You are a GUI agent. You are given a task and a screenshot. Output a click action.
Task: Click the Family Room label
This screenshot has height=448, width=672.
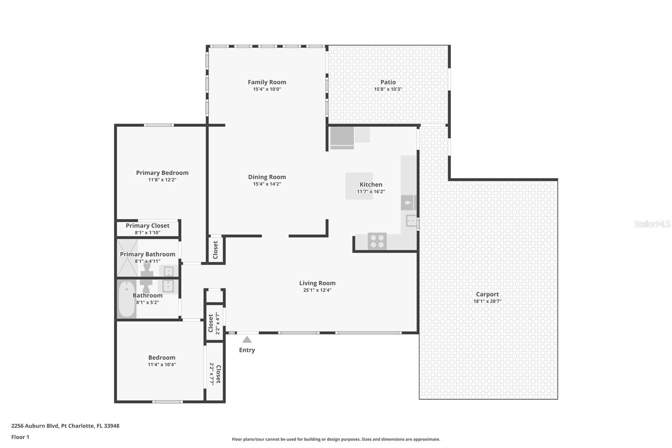[267, 82]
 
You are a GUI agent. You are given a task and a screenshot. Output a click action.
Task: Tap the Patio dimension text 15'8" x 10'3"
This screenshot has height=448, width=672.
[388, 89]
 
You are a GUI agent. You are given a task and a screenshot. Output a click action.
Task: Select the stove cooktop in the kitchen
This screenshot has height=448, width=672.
[377, 241]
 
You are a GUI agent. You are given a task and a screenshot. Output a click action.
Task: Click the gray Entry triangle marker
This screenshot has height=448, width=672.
[247, 339]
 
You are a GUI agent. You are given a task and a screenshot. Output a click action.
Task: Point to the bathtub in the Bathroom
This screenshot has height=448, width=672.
[126, 299]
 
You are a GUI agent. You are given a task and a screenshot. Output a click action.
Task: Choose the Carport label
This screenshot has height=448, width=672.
[487, 294]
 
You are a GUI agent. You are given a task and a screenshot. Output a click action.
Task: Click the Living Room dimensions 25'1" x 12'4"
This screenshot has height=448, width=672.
[317, 290]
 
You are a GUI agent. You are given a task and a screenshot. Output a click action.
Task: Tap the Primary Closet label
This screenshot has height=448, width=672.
[147, 226]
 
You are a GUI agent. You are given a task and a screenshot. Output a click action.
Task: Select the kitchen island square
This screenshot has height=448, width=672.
[359, 186]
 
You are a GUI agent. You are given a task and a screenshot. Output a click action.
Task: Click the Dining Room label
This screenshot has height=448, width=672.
[267, 177]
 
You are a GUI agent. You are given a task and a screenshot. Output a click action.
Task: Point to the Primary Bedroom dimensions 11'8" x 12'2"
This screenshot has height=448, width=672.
[162, 180]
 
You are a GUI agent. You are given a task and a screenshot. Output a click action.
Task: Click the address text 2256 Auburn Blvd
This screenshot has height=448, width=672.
[35, 426]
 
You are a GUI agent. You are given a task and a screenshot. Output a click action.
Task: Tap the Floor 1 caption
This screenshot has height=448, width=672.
[21, 437]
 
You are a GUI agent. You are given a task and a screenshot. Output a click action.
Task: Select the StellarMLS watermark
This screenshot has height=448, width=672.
[652, 224]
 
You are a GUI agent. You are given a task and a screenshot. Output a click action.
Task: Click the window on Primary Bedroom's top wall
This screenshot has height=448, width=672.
[159, 125]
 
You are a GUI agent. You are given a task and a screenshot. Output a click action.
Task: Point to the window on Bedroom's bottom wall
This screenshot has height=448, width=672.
[168, 402]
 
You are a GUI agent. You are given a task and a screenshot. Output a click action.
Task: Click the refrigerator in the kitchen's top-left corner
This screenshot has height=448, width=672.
[342, 138]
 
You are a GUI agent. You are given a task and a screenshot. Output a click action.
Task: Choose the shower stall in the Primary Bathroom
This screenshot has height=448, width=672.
[127, 258]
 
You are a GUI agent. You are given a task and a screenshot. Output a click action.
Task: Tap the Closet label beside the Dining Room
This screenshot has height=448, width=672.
[215, 250]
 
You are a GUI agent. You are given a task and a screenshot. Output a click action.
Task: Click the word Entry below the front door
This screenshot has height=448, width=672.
[247, 350]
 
